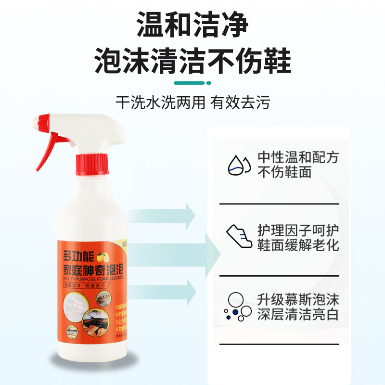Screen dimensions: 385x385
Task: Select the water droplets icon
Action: pyautogui.click(x=239, y=165)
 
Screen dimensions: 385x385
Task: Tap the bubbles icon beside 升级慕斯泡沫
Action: pyautogui.click(x=237, y=307)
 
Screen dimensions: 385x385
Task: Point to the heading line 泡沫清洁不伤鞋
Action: pyautogui.click(x=192, y=61)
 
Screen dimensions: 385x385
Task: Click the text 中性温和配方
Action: pyautogui.click(x=298, y=157)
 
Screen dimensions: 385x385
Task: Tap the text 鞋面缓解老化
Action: pyautogui.click(x=298, y=244)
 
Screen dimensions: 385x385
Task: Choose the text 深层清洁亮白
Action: pyautogui.click(x=298, y=315)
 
